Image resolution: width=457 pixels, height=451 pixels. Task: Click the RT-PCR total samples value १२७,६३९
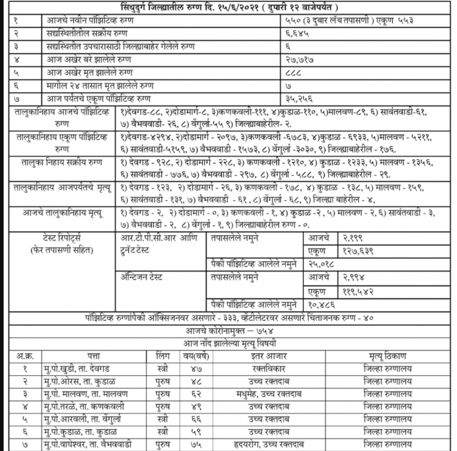click(358, 251)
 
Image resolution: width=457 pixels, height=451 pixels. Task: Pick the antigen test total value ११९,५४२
click(358, 291)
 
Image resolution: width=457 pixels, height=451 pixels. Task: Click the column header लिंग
click(161, 356)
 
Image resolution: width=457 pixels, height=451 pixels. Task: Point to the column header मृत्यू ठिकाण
click(387, 356)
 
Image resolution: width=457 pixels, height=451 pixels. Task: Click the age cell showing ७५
click(191, 444)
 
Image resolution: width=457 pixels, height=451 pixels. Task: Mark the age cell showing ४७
click(191, 369)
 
